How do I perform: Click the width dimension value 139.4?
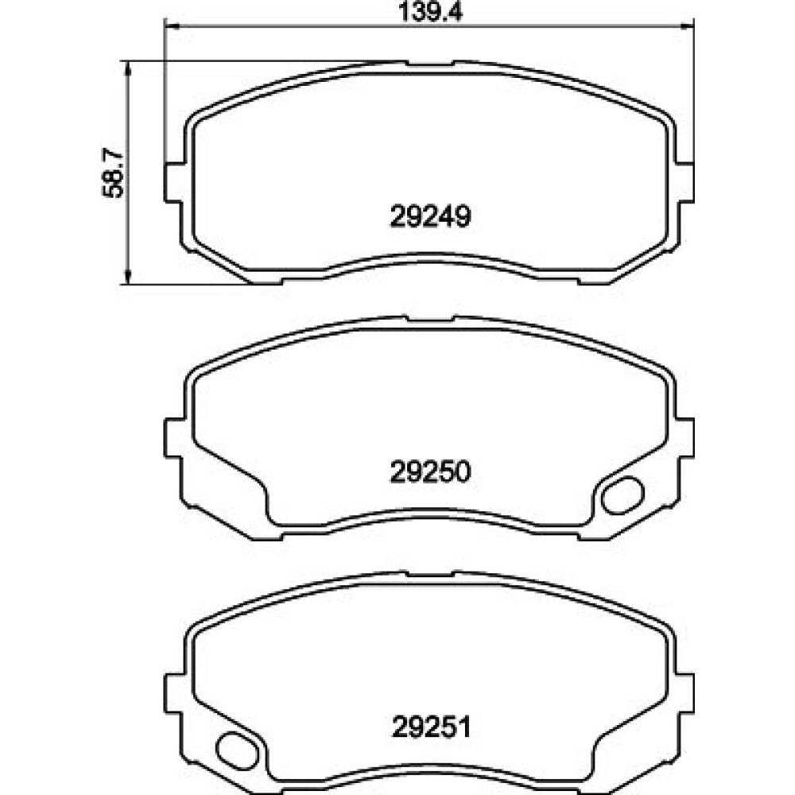point(430,11)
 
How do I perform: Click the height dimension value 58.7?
point(113,173)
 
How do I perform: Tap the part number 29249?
point(430,216)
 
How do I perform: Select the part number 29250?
point(430,472)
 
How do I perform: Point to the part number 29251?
point(432,727)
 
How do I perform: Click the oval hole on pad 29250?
point(622,495)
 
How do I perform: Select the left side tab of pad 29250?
point(173,438)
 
